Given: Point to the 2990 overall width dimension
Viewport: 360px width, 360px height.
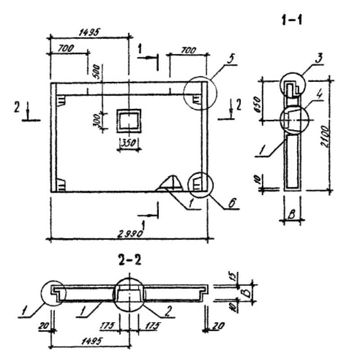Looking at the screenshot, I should [130, 234].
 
